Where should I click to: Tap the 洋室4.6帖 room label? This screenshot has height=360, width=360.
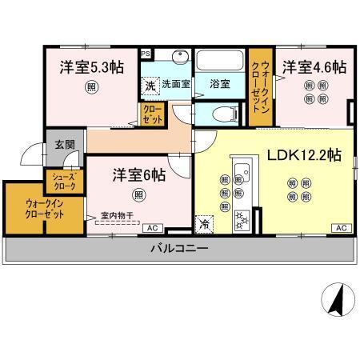tap(313, 67)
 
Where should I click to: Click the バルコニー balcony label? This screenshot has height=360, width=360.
tap(179, 249)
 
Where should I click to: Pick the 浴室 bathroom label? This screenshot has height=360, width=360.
tap(219, 82)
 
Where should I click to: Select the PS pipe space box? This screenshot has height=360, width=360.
tap(145, 54)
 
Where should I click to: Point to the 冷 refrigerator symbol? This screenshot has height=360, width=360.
tap(205, 224)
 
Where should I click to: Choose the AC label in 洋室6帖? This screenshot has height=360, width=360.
tap(150, 228)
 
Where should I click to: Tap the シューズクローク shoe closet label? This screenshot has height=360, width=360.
tap(64, 181)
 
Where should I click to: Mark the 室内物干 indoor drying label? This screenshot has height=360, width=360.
tap(117, 215)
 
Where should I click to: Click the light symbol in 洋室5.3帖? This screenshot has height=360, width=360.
tap(93, 89)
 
